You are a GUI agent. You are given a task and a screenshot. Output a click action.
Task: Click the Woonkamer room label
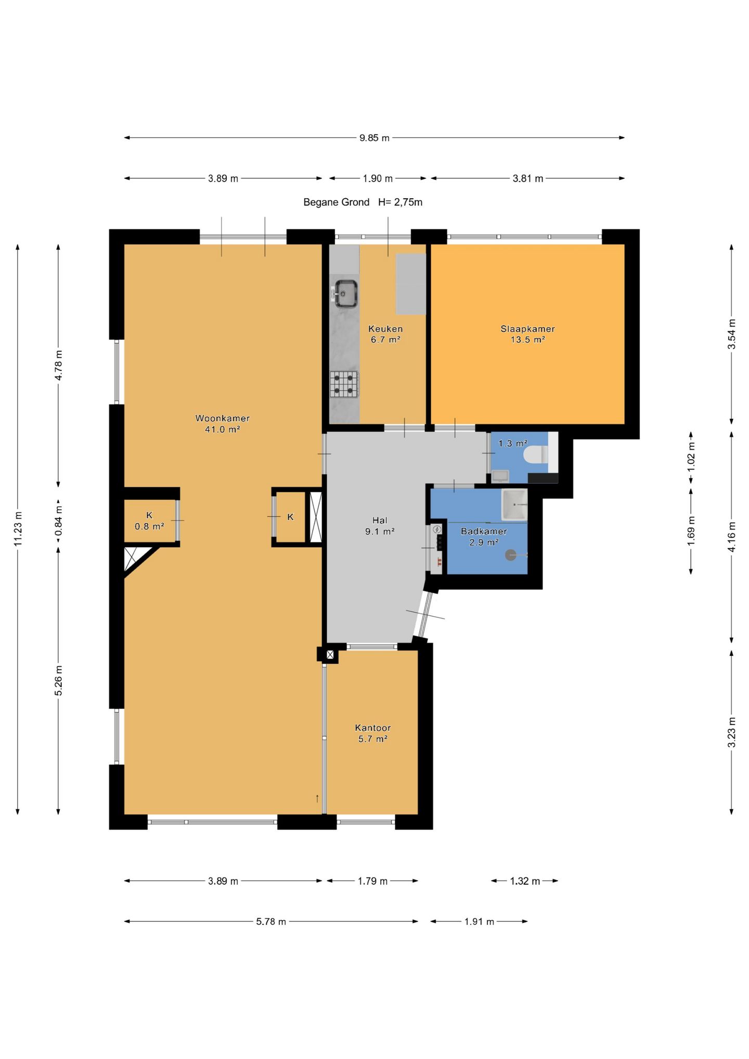[x=222, y=418]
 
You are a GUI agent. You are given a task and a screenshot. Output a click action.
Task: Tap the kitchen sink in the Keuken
[x=345, y=293]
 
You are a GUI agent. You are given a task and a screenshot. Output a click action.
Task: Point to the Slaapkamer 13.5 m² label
[x=527, y=334]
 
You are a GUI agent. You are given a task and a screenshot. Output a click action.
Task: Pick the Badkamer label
[x=484, y=531]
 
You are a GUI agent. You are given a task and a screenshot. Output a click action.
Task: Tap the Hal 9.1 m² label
[x=380, y=526]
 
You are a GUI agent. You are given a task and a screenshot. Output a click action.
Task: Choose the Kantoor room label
[x=372, y=728]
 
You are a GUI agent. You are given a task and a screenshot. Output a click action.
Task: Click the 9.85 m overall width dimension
[x=374, y=138]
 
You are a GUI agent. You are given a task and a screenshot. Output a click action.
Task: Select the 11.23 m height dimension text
[x=18, y=529]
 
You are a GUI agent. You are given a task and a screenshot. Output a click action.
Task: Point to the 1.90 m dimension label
[x=378, y=178]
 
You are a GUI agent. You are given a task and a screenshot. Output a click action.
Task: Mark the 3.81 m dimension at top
[x=528, y=178]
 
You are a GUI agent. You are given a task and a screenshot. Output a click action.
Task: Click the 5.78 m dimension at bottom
[x=271, y=922]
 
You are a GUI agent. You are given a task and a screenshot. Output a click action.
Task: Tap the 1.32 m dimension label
[x=525, y=881]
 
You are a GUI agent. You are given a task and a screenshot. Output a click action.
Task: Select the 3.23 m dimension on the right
[x=732, y=732]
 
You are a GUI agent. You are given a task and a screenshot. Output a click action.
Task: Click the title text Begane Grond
[x=336, y=202]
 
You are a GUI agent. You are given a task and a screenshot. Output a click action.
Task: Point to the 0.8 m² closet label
[x=149, y=526]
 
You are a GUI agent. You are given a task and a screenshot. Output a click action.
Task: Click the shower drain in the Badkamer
[x=511, y=555]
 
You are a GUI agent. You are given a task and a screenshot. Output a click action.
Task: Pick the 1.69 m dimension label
[x=691, y=531]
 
